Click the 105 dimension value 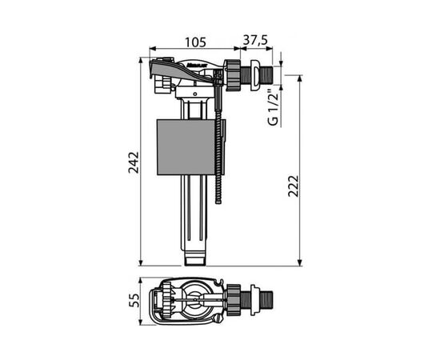click(195, 42)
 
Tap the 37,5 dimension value click(255, 40)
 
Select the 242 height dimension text click(134, 162)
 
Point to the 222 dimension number click(294, 186)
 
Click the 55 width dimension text click(134, 301)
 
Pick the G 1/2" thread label click(274, 108)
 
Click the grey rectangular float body click(186, 147)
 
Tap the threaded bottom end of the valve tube click(196, 258)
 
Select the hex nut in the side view click(233, 75)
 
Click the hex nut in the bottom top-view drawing click(234, 300)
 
